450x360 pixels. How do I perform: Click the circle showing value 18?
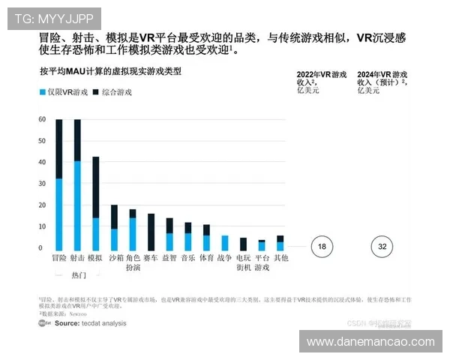click(x=321, y=247)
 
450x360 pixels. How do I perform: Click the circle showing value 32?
click(x=382, y=247)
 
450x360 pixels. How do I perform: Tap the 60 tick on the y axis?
click(x=41, y=120)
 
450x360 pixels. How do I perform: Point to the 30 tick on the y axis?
click(x=41, y=184)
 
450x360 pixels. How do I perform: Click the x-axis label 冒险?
click(x=59, y=257)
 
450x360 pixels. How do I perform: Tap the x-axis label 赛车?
click(x=151, y=257)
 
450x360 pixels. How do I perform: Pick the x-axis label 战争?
click(x=225, y=257)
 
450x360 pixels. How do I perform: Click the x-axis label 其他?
click(x=280, y=257)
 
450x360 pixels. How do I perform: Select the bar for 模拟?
click(x=96, y=203)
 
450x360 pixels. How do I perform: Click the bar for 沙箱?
click(x=114, y=227)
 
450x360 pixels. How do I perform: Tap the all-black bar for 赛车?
click(x=151, y=232)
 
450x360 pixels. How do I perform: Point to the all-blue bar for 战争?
click(x=225, y=243)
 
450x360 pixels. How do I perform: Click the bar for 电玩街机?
click(x=243, y=244)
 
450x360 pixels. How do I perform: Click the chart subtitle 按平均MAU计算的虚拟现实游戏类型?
click(x=110, y=72)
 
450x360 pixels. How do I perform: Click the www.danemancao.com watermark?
click(x=370, y=342)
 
